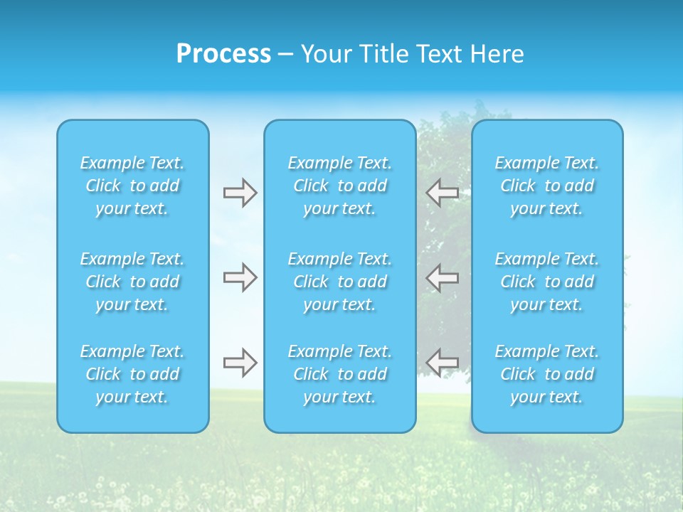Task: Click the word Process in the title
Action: point(223,54)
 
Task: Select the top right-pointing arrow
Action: point(240,193)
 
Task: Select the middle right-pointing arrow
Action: point(240,277)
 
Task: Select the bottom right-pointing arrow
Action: point(240,363)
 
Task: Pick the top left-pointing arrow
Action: point(443,193)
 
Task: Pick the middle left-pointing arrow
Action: point(443,277)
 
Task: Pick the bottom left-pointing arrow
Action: point(443,362)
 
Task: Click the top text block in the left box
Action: point(132,186)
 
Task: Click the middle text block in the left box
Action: point(132,282)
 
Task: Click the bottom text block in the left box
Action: point(132,374)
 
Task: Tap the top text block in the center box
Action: point(340,186)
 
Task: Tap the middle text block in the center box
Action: point(340,282)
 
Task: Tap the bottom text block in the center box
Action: point(340,374)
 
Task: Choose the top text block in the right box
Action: point(547,186)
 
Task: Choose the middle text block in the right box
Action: point(547,282)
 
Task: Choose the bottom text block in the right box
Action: point(547,374)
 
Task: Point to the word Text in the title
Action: point(438,54)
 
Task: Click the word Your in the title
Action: point(324,54)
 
